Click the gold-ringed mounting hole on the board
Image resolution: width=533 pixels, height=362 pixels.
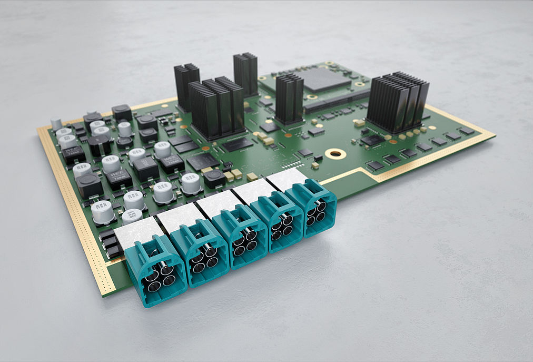click(x=334, y=154)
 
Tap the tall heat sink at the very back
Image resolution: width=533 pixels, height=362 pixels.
click(x=245, y=74)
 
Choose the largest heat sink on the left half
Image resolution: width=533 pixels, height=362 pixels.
click(x=216, y=108)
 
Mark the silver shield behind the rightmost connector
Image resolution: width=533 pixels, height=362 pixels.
click(x=287, y=179)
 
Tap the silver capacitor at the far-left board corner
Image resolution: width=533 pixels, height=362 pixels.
click(x=56, y=124)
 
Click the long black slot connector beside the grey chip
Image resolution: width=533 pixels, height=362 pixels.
click(x=337, y=100)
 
